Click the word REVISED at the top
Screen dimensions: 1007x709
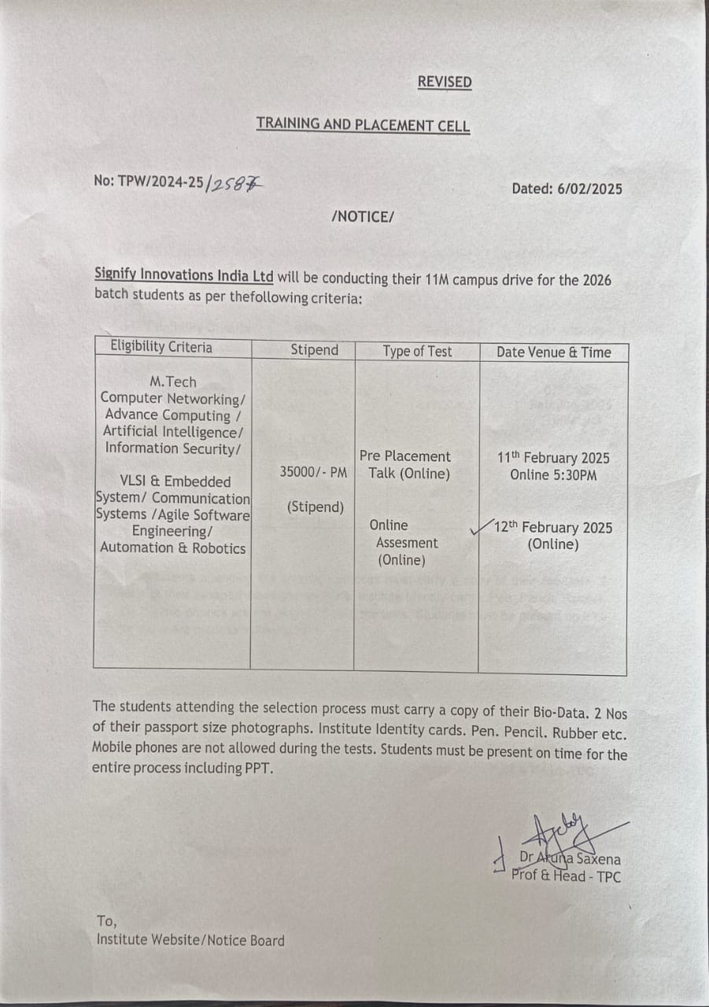tap(444, 82)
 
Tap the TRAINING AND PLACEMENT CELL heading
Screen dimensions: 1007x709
tap(363, 124)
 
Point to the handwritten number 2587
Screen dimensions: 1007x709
tap(234, 183)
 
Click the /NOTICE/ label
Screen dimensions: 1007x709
tap(362, 216)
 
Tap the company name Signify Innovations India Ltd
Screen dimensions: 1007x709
tap(183, 275)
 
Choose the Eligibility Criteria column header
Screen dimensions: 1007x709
tap(161, 347)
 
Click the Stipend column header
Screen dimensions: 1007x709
tap(314, 349)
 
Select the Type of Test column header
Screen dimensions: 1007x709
tap(417, 351)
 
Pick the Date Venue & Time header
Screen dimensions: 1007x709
tap(553, 352)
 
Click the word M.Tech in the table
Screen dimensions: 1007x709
tap(173, 382)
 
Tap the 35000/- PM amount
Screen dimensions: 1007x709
tap(313, 473)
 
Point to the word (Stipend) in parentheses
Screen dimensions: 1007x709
tap(315, 507)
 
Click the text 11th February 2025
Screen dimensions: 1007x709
tap(553, 458)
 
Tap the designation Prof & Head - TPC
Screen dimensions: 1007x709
tap(566, 876)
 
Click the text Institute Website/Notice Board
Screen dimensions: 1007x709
tap(190, 940)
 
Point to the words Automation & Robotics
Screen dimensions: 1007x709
tap(173, 548)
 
